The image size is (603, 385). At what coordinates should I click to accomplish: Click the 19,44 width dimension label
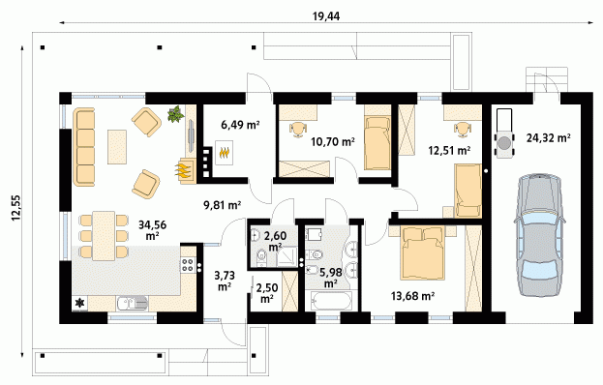click(x=326, y=15)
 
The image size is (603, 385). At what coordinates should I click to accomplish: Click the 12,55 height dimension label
click(x=15, y=208)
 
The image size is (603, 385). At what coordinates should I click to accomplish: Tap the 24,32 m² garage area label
click(x=548, y=138)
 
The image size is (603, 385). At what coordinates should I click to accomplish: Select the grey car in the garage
click(x=539, y=235)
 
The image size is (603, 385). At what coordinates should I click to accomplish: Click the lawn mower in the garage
click(x=504, y=133)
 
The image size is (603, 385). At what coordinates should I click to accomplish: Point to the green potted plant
click(x=175, y=114)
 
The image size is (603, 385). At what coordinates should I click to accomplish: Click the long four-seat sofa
click(x=84, y=147)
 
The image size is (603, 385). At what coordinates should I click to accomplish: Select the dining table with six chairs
click(x=104, y=235)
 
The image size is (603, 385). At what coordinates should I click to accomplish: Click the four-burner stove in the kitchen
click(x=188, y=264)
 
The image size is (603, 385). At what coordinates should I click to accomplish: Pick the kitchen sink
click(x=133, y=304)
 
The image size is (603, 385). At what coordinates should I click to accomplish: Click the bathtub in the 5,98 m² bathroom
click(x=331, y=301)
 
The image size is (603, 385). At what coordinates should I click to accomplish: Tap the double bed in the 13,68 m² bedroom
click(x=423, y=252)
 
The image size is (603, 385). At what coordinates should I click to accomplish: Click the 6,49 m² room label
click(x=240, y=124)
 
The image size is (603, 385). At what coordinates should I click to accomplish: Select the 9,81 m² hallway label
click(x=222, y=205)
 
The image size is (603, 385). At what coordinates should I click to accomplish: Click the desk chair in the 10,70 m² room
click(x=297, y=129)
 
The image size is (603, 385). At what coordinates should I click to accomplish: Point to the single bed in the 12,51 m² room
click(x=468, y=191)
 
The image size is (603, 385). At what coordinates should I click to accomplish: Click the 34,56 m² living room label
click(x=153, y=229)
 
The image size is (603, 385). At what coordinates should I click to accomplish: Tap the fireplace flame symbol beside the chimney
click(x=184, y=170)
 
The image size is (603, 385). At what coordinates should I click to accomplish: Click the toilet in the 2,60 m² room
click(x=261, y=255)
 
